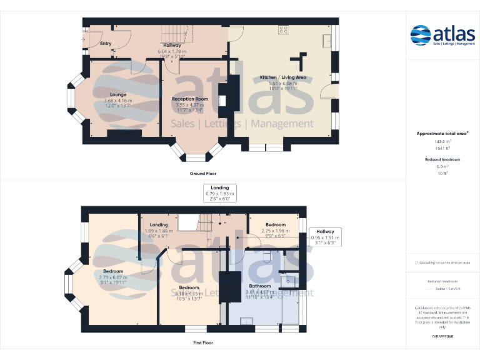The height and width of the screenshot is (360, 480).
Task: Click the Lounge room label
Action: [x=109, y=94]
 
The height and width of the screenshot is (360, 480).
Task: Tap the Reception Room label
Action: [x=190, y=99]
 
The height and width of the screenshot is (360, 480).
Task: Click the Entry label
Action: [x=105, y=44]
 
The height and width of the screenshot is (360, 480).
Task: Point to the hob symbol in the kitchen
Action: [x=283, y=29]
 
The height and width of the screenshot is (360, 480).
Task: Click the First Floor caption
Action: [x=203, y=343]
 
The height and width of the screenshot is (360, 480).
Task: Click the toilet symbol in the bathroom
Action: [x=267, y=256]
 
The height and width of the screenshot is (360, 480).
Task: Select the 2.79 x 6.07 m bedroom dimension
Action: [x=113, y=277]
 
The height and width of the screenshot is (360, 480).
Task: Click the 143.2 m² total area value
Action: [x=442, y=142]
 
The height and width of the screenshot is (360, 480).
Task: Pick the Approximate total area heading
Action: [x=442, y=134]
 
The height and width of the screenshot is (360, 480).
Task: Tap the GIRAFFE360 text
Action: [x=442, y=337]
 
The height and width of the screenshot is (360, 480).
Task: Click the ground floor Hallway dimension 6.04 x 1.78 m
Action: [x=172, y=51]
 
